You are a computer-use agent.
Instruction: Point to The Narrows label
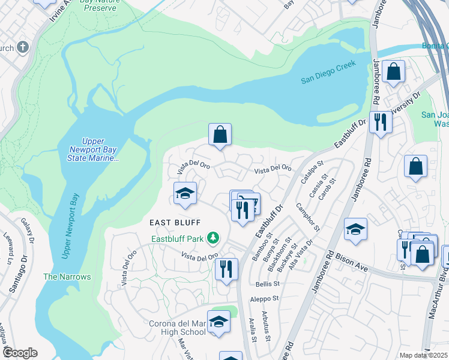[x=67, y=277]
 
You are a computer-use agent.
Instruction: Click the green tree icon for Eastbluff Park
[x=212, y=238]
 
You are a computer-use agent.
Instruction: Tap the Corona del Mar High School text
[x=177, y=328]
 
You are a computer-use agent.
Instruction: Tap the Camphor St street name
[x=308, y=217]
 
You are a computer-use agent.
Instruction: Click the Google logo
[x=20, y=353]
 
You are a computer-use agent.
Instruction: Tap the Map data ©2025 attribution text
[x=424, y=355]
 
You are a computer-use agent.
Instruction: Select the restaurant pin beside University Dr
[x=380, y=122]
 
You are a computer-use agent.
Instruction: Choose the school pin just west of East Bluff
[x=185, y=193]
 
